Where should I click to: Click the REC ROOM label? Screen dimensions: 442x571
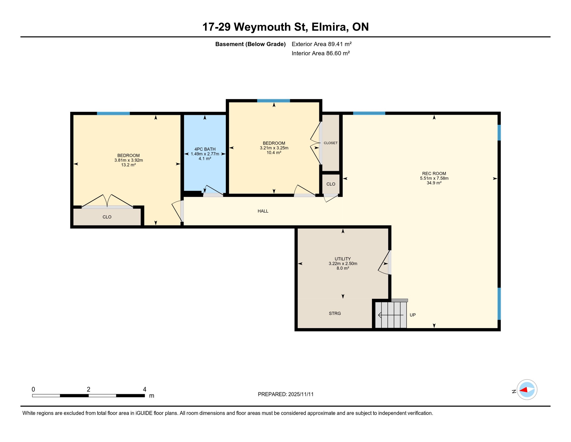coord(434,174)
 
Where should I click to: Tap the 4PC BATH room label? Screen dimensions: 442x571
coord(205,149)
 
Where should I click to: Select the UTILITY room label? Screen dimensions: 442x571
coord(343,259)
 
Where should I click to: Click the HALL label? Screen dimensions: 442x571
coord(263,211)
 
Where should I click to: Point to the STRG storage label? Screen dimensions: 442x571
coord(335,313)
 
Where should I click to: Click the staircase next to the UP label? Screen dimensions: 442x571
coord(391,315)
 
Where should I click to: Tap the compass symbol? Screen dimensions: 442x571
coord(527,390)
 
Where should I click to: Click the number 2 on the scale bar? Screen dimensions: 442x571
coord(88,389)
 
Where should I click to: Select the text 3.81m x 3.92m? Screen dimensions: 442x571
coord(128,160)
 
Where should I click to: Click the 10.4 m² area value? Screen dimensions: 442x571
coord(274,153)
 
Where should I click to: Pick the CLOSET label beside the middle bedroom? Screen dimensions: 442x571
coord(331,143)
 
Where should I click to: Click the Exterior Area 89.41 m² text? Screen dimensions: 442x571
coord(321,44)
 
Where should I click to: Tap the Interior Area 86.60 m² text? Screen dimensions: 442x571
coord(321,53)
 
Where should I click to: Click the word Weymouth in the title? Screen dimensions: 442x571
coord(271,27)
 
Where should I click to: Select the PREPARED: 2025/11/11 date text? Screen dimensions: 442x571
coord(285,394)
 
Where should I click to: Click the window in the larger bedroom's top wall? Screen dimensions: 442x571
coord(113,113)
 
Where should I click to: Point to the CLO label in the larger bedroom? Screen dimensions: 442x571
coord(107,217)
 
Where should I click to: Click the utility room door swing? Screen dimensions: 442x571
coord(384,263)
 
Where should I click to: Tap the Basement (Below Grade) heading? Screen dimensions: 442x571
coord(250,44)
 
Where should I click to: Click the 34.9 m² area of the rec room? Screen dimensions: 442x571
coord(434,183)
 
